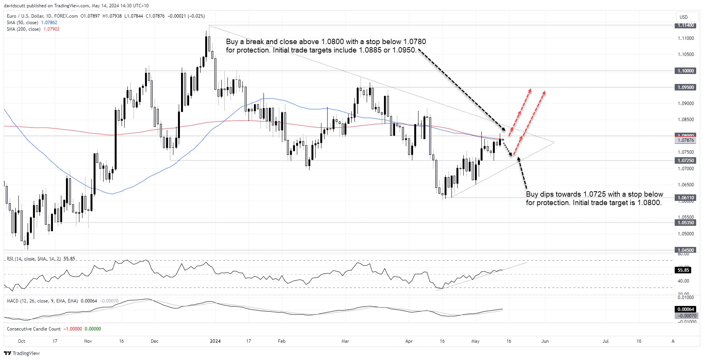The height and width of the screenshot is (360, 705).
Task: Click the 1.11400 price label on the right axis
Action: tap(685, 25)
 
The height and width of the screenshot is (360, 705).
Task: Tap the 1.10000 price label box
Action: tap(685, 71)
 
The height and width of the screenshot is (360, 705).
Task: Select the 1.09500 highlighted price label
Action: tap(685, 87)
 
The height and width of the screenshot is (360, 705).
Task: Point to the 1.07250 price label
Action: tap(685, 161)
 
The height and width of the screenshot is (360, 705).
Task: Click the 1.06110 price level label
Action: tap(685, 198)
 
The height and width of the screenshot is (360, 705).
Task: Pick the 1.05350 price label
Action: tap(685, 223)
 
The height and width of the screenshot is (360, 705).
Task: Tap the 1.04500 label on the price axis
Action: tap(685, 250)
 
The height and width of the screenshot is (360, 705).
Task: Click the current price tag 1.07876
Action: tap(685, 140)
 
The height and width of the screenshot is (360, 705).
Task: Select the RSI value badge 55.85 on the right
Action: tap(683, 270)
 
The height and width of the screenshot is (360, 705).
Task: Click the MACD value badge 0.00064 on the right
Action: tap(685, 309)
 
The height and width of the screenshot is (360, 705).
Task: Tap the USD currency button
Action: tap(684, 17)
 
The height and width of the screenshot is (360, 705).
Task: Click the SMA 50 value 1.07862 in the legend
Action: tap(49, 23)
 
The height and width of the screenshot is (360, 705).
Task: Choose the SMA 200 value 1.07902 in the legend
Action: tap(51, 29)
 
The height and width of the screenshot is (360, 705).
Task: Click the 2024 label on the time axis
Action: tap(215, 341)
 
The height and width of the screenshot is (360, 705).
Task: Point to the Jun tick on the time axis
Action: tap(545, 341)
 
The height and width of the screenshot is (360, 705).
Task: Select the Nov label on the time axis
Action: tap(88, 341)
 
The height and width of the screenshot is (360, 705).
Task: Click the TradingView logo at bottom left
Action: tap(22, 353)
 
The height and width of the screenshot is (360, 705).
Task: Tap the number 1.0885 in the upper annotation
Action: tap(370, 50)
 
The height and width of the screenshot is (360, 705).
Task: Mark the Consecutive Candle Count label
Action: tap(34, 329)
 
